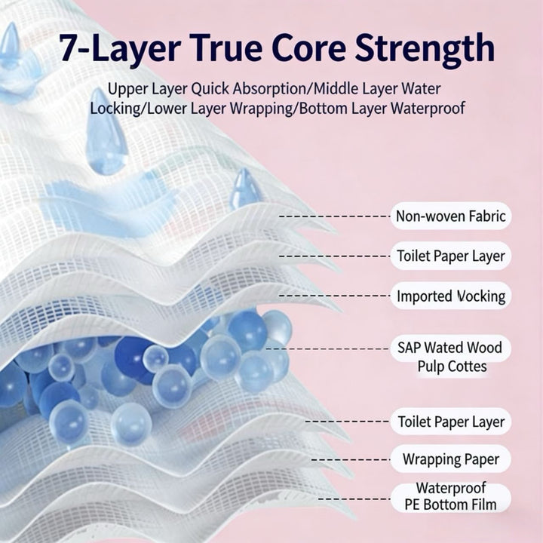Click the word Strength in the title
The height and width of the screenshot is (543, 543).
coord(425,49)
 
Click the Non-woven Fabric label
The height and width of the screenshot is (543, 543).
coord(451,216)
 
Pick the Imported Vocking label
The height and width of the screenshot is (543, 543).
coord(451,296)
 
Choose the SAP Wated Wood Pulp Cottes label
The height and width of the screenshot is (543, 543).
coord(450,357)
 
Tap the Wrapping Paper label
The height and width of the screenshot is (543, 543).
coord(451,459)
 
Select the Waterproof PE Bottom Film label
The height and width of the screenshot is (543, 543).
coord(451,496)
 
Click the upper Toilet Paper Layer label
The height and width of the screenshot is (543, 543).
coord(451,256)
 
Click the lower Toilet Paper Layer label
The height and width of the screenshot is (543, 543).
coord(451,422)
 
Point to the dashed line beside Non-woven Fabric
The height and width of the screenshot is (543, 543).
coord(335,216)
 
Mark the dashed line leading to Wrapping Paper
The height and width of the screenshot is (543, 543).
coord(351,460)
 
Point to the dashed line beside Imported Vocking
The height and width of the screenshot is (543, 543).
coord(335,296)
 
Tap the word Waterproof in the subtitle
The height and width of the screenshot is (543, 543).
coord(428,109)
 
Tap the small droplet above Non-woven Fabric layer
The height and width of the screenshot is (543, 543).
coord(245,188)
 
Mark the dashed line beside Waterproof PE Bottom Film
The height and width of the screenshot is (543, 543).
coord(354,499)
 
